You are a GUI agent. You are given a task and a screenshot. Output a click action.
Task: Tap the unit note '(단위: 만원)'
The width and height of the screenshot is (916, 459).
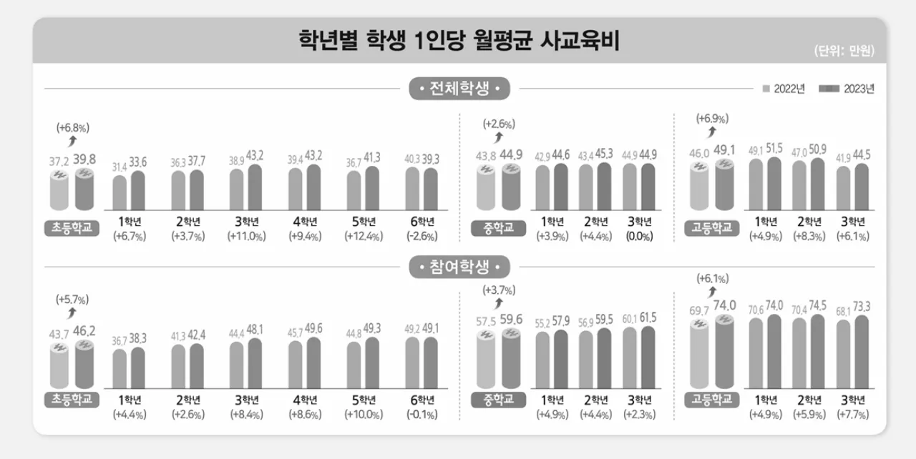tap(844, 51)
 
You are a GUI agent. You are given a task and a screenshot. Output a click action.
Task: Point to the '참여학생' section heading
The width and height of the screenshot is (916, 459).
tap(459, 268)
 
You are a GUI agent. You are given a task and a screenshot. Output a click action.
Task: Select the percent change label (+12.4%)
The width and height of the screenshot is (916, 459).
tap(363, 237)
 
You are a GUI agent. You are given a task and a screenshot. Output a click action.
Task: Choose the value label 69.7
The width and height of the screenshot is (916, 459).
tap(700, 310)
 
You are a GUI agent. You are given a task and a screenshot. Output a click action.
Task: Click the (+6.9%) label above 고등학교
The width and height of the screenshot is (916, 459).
tap(712, 117)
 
